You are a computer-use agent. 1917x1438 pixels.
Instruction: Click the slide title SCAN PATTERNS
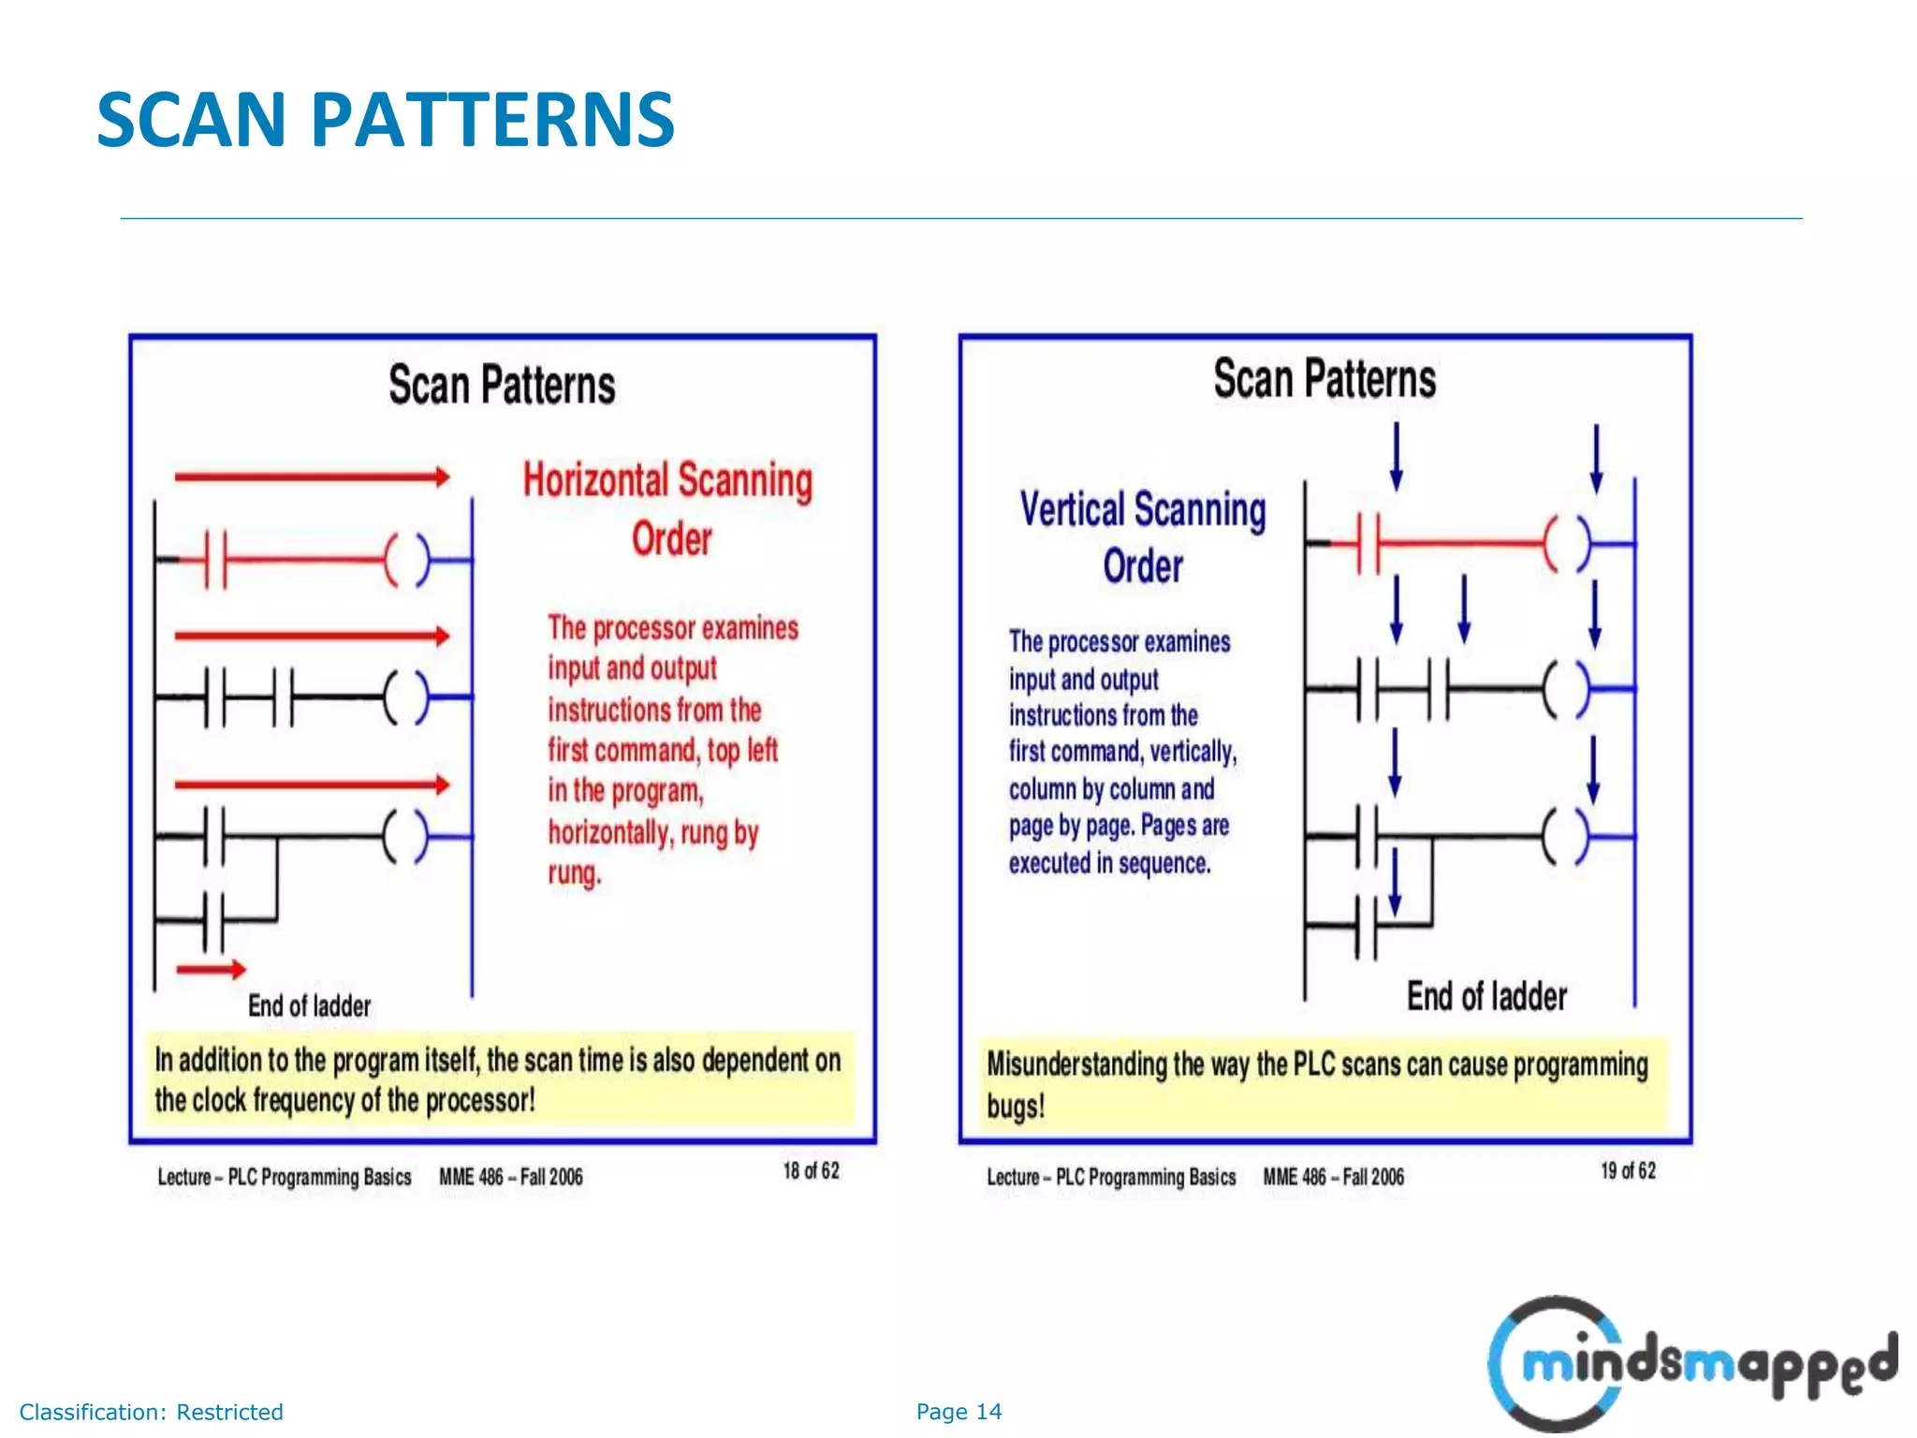[385, 120]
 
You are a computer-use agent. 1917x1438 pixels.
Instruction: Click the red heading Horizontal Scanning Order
[667, 507]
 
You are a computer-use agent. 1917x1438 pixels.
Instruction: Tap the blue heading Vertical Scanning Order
[1142, 536]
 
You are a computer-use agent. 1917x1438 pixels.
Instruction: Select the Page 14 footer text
[958, 1412]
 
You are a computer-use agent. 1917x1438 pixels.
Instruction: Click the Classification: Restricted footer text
[151, 1412]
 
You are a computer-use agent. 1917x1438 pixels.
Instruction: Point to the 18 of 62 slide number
[811, 1171]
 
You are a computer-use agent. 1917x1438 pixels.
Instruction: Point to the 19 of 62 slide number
[1628, 1171]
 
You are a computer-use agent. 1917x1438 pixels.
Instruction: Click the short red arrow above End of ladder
[212, 970]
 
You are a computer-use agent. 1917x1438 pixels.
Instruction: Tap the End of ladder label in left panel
[309, 1006]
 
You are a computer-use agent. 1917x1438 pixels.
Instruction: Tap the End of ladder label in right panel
[1486, 997]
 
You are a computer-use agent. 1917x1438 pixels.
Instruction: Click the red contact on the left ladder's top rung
[215, 560]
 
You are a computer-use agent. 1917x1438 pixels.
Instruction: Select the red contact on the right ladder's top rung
[1368, 543]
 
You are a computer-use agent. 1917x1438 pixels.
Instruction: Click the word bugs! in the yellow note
[1016, 1107]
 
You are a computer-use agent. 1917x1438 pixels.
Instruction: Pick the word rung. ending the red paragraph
[575, 873]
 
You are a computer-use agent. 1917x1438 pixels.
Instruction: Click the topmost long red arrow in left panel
[312, 477]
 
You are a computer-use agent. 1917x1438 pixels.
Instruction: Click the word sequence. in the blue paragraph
[1164, 863]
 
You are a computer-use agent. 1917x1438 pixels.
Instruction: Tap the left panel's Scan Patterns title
[502, 385]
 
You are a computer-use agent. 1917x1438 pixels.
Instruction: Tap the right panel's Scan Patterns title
[1324, 379]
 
